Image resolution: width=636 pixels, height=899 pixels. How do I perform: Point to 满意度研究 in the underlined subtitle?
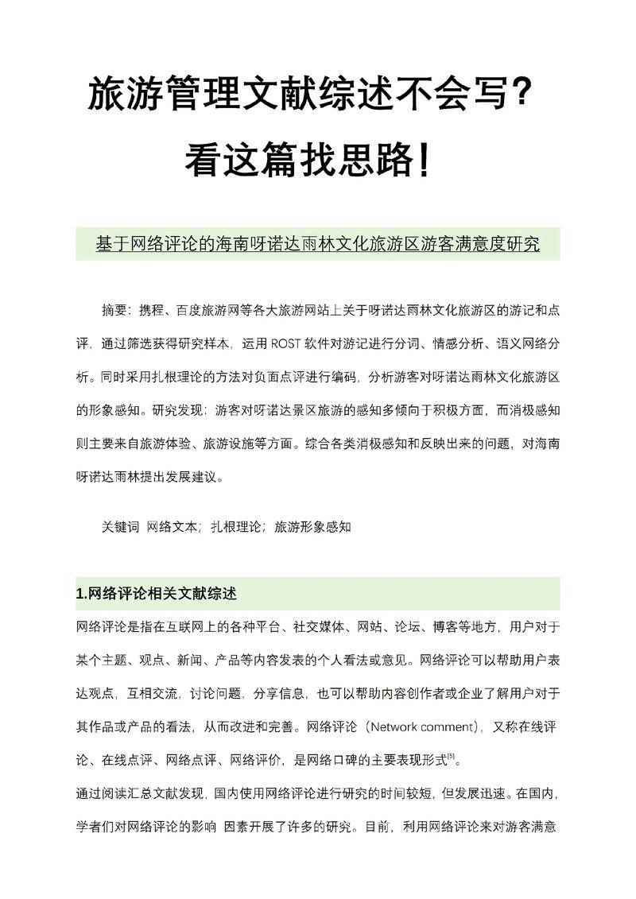[x=494, y=244]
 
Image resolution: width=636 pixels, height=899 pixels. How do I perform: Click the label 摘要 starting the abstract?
[x=115, y=308]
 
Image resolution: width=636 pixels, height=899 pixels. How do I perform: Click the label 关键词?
[x=121, y=526]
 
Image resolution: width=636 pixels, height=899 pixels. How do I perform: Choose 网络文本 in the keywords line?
[x=173, y=526]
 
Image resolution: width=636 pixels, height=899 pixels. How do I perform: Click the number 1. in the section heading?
[x=81, y=594]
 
